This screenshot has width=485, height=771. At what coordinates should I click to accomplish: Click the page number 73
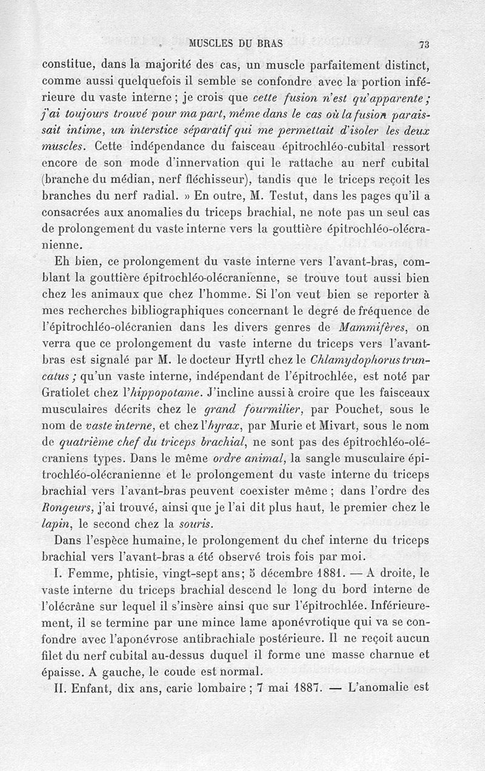coord(424,44)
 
